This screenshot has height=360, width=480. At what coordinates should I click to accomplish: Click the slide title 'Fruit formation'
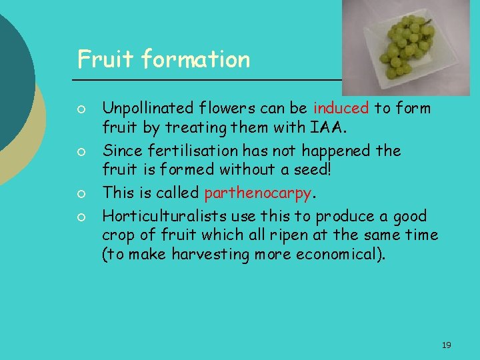[163, 59]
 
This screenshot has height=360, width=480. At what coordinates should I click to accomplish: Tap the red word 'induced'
[340, 108]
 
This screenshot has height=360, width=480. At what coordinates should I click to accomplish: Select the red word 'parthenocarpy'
[257, 193]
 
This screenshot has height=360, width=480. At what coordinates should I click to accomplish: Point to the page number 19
[446, 345]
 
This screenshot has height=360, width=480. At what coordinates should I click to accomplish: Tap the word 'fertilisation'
[187, 151]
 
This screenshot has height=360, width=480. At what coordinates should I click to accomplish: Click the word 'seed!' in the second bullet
[314, 169]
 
